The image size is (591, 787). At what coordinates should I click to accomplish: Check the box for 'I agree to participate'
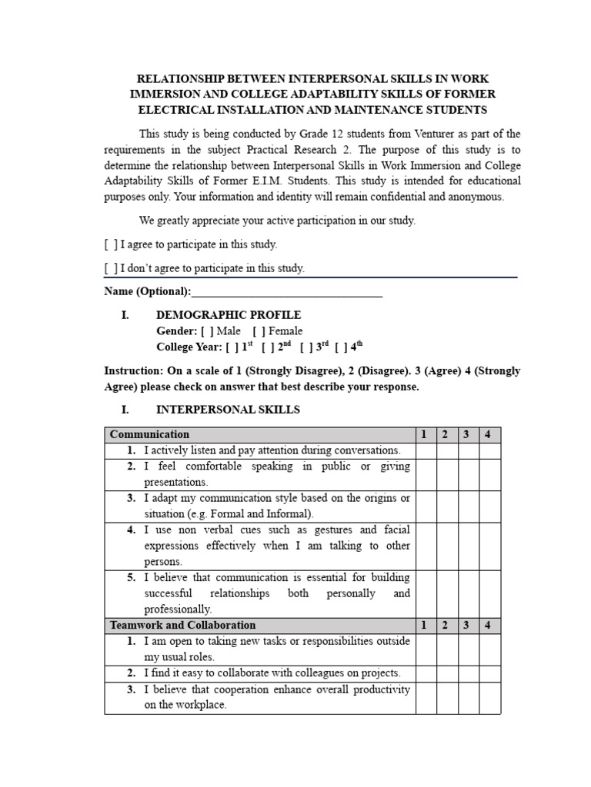pyautogui.click(x=111, y=244)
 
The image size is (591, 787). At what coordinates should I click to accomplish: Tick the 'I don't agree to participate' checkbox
pyautogui.click(x=111, y=268)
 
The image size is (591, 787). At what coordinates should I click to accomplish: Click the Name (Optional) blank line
pyautogui.click(x=286, y=292)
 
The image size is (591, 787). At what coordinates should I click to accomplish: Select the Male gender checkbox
pyautogui.click(x=207, y=331)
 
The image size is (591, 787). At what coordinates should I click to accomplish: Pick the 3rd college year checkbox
pyautogui.click(x=306, y=347)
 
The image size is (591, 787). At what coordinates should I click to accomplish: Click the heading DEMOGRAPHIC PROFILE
pyautogui.click(x=229, y=315)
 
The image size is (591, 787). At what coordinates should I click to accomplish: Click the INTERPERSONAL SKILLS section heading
pyautogui.click(x=228, y=410)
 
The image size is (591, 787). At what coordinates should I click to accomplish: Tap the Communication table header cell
pyautogui.click(x=149, y=435)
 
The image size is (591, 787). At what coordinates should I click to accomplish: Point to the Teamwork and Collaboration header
pyautogui.click(x=183, y=626)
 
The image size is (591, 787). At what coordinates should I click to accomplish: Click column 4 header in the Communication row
pyautogui.click(x=488, y=435)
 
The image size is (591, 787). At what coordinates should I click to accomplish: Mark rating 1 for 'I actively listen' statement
pyautogui.click(x=425, y=451)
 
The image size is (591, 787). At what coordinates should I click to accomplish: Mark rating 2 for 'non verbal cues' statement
pyautogui.click(x=446, y=546)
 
